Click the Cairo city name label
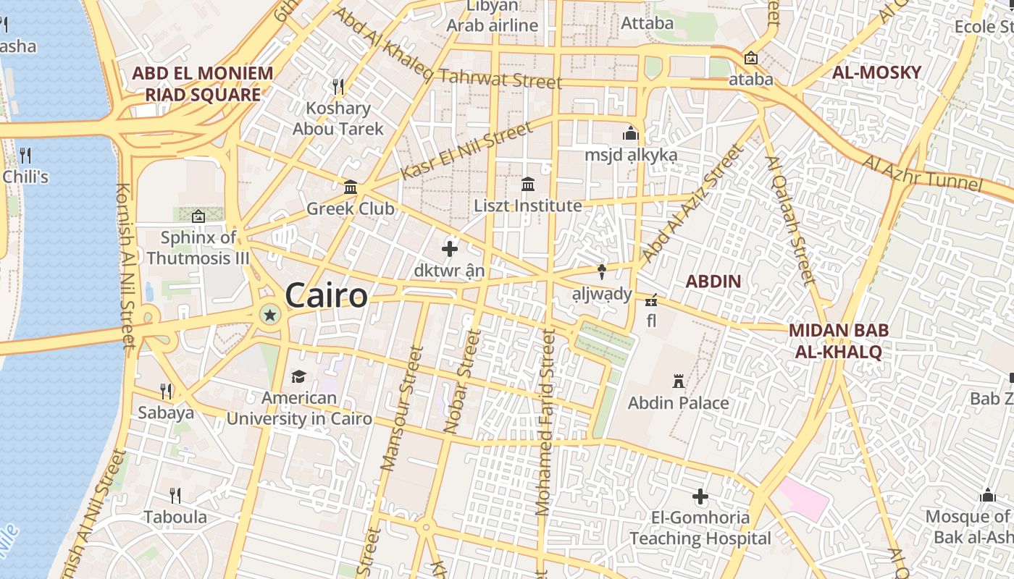[x=326, y=295]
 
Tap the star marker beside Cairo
[x=270, y=314]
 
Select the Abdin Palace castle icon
[x=679, y=381]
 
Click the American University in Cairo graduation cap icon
[x=298, y=376]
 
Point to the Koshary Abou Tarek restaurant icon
[x=338, y=87]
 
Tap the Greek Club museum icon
[x=351, y=187]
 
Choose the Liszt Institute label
[x=528, y=206]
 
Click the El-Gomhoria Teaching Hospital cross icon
[x=700, y=496]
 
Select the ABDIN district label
[x=713, y=282]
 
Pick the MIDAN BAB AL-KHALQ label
[x=838, y=341]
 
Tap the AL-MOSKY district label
[x=876, y=72]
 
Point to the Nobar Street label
[x=463, y=381]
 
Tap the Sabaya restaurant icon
[x=166, y=392]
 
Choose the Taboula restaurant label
[x=175, y=517]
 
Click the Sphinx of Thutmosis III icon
[x=198, y=216]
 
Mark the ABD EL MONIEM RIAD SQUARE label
[x=203, y=83]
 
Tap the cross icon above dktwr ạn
[x=450, y=249]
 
